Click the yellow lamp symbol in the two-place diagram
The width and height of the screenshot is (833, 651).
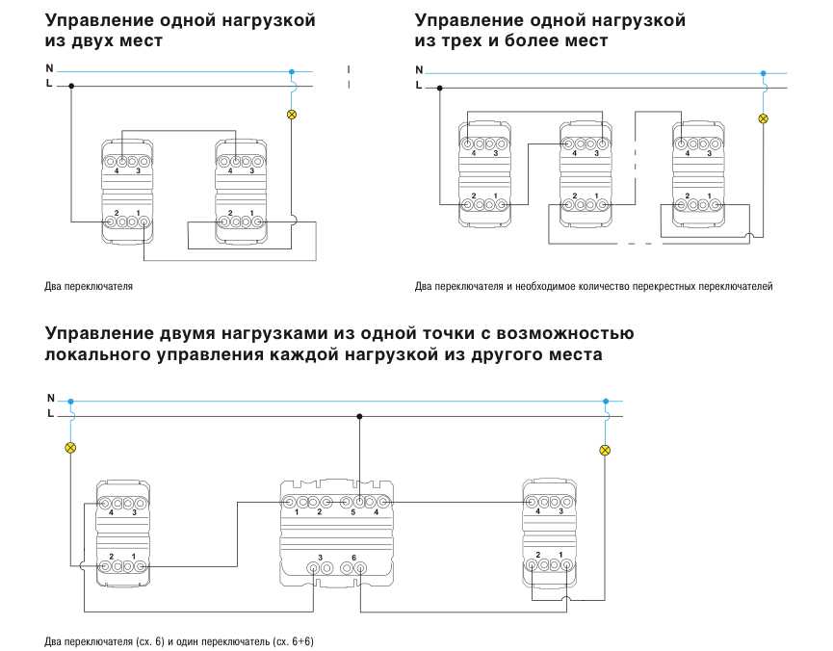pyautogui.click(x=291, y=114)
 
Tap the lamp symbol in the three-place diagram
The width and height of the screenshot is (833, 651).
pyautogui.click(x=763, y=118)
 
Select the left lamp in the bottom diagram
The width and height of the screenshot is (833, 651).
pyautogui.click(x=70, y=448)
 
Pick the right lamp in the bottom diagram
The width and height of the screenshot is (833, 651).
pyautogui.click(x=605, y=450)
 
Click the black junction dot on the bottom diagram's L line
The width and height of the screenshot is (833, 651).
pyautogui.click(x=359, y=416)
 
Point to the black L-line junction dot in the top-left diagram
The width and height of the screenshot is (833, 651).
pyautogui.click(x=71, y=86)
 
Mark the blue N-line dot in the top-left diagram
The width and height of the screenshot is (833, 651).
pyautogui.click(x=291, y=71)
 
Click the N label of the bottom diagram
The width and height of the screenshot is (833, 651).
pyautogui.click(x=50, y=398)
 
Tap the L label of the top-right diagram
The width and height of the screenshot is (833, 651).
pyautogui.click(x=419, y=85)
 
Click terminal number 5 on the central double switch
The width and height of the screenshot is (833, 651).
pyautogui.click(x=352, y=512)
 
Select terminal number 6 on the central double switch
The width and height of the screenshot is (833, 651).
pyautogui.click(x=353, y=558)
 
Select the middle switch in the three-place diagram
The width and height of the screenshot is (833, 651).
pyautogui.click(x=586, y=174)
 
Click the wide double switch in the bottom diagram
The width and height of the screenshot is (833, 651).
pyautogui.click(x=337, y=533)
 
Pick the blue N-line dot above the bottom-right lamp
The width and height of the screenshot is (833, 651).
pyautogui.click(x=606, y=402)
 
